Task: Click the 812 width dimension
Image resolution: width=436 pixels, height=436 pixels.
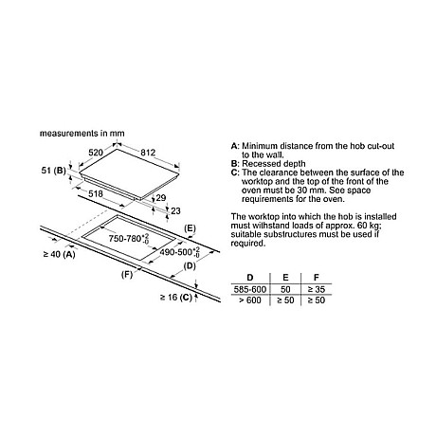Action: (x=148, y=153)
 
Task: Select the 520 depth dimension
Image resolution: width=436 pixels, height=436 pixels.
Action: (x=96, y=153)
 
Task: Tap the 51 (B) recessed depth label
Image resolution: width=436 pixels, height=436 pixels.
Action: (x=53, y=171)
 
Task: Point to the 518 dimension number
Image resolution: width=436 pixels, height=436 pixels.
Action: (x=96, y=193)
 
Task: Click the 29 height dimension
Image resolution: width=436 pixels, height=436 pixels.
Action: (x=161, y=198)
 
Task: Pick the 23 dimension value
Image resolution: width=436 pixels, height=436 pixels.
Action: (x=175, y=210)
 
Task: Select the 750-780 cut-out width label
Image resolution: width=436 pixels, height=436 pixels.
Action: (x=129, y=239)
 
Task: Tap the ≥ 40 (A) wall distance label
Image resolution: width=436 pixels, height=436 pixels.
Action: (x=59, y=254)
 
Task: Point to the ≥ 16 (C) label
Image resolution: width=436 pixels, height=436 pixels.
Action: (x=176, y=297)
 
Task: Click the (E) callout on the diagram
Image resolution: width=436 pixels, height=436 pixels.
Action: (x=190, y=228)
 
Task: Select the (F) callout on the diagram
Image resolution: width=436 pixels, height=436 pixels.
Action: (x=127, y=275)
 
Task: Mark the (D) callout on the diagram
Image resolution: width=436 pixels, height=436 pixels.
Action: (x=190, y=266)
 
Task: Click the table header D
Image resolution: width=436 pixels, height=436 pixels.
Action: (x=250, y=278)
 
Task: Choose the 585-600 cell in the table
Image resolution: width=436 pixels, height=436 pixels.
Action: (x=250, y=289)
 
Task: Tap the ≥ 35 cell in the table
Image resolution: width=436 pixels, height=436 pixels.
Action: (x=317, y=289)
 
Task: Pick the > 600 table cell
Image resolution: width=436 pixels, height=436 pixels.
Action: (x=250, y=300)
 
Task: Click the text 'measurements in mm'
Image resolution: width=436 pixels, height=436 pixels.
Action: (x=82, y=134)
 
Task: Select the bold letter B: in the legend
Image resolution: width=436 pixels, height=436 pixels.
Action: (x=235, y=164)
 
